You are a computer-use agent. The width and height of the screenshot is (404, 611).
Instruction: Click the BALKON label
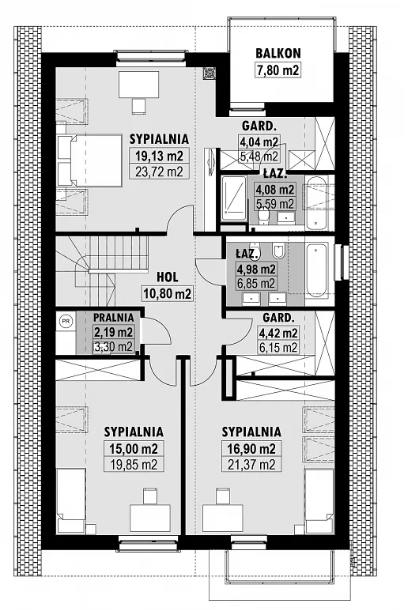(278, 54)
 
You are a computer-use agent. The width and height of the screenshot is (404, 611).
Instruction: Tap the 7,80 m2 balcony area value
(278, 70)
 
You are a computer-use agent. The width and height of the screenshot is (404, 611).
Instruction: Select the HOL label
(168, 277)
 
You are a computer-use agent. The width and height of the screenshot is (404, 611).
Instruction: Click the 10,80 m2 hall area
(168, 293)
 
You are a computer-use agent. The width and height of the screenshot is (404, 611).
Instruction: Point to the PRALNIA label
(114, 318)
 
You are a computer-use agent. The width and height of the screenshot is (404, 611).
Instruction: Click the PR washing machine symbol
(66, 321)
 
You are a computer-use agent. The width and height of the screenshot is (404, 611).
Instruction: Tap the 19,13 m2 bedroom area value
(159, 156)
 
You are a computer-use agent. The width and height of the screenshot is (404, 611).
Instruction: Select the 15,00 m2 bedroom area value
(134, 449)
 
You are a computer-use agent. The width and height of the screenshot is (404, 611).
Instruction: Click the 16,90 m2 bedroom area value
(251, 449)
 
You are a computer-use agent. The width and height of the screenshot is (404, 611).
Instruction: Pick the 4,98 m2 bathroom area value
(256, 269)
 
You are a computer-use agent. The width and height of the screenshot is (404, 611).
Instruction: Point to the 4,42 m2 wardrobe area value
(278, 334)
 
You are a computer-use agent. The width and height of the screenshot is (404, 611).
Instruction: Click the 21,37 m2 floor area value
(251, 465)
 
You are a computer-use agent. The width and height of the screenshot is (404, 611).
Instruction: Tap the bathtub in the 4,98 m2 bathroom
(317, 270)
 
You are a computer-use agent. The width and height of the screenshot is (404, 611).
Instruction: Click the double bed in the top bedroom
(90, 160)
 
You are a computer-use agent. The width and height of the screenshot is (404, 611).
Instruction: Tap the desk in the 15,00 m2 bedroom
(149, 519)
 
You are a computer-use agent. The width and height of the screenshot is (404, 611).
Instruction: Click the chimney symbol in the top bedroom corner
(210, 73)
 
